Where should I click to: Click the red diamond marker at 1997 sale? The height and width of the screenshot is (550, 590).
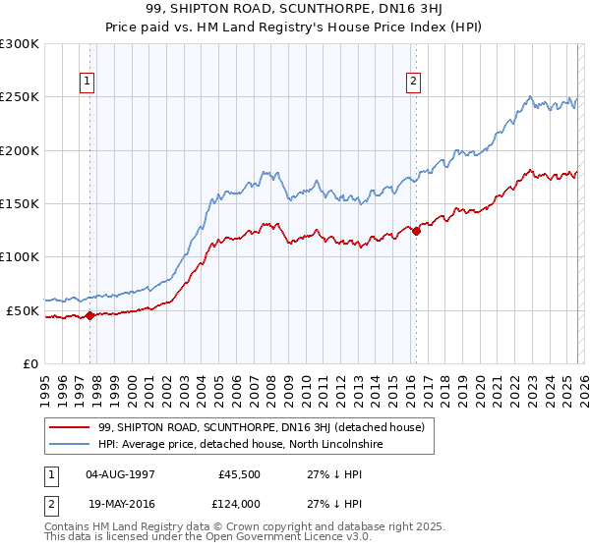point(89,315)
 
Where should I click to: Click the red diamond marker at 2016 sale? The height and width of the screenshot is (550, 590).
point(415,231)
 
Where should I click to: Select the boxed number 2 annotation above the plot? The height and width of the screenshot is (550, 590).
point(414,82)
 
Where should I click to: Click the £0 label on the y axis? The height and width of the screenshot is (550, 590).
point(30,363)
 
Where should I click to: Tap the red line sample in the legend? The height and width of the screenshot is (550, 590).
point(70,427)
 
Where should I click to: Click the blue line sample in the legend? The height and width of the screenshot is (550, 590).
point(70,444)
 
